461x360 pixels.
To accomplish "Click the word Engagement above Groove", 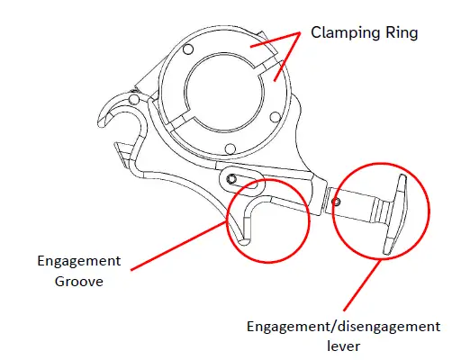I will tap(78, 261).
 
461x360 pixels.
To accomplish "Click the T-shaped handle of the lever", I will tap(396, 215).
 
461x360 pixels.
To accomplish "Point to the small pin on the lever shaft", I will tap(337, 202).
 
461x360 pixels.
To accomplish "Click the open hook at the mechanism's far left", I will tap(112, 112).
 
